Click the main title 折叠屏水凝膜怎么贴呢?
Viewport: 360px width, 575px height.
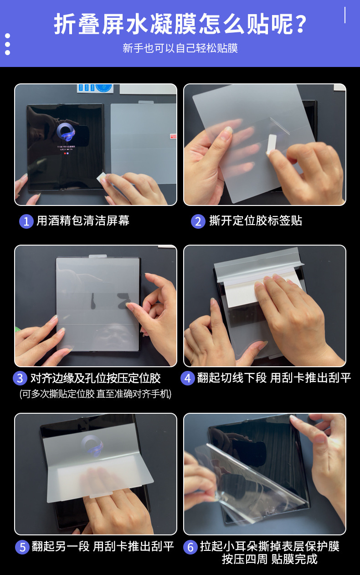click(180, 24)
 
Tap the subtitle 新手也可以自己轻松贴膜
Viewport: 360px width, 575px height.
click(180, 48)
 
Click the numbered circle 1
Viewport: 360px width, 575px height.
click(26, 221)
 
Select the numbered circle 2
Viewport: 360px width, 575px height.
click(198, 221)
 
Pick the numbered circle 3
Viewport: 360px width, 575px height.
click(20, 378)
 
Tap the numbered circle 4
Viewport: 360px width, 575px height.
click(188, 378)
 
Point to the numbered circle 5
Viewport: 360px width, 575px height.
click(22, 547)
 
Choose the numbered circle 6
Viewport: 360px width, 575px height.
click(190, 547)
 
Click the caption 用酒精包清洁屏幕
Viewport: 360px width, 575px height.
click(83, 221)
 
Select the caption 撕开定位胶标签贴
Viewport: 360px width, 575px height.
click(256, 221)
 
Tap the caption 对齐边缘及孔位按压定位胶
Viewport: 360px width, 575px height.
click(96, 378)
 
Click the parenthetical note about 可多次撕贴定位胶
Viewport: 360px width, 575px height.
click(96, 394)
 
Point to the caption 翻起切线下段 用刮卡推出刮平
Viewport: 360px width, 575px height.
click(274, 378)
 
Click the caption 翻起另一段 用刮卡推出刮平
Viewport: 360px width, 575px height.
click(103, 546)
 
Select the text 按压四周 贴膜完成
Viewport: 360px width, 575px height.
click(270, 560)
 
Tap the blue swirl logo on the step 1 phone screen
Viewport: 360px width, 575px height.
click(66, 132)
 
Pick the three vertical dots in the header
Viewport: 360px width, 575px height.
click(7, 44)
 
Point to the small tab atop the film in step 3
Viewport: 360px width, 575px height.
click(98, 256)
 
